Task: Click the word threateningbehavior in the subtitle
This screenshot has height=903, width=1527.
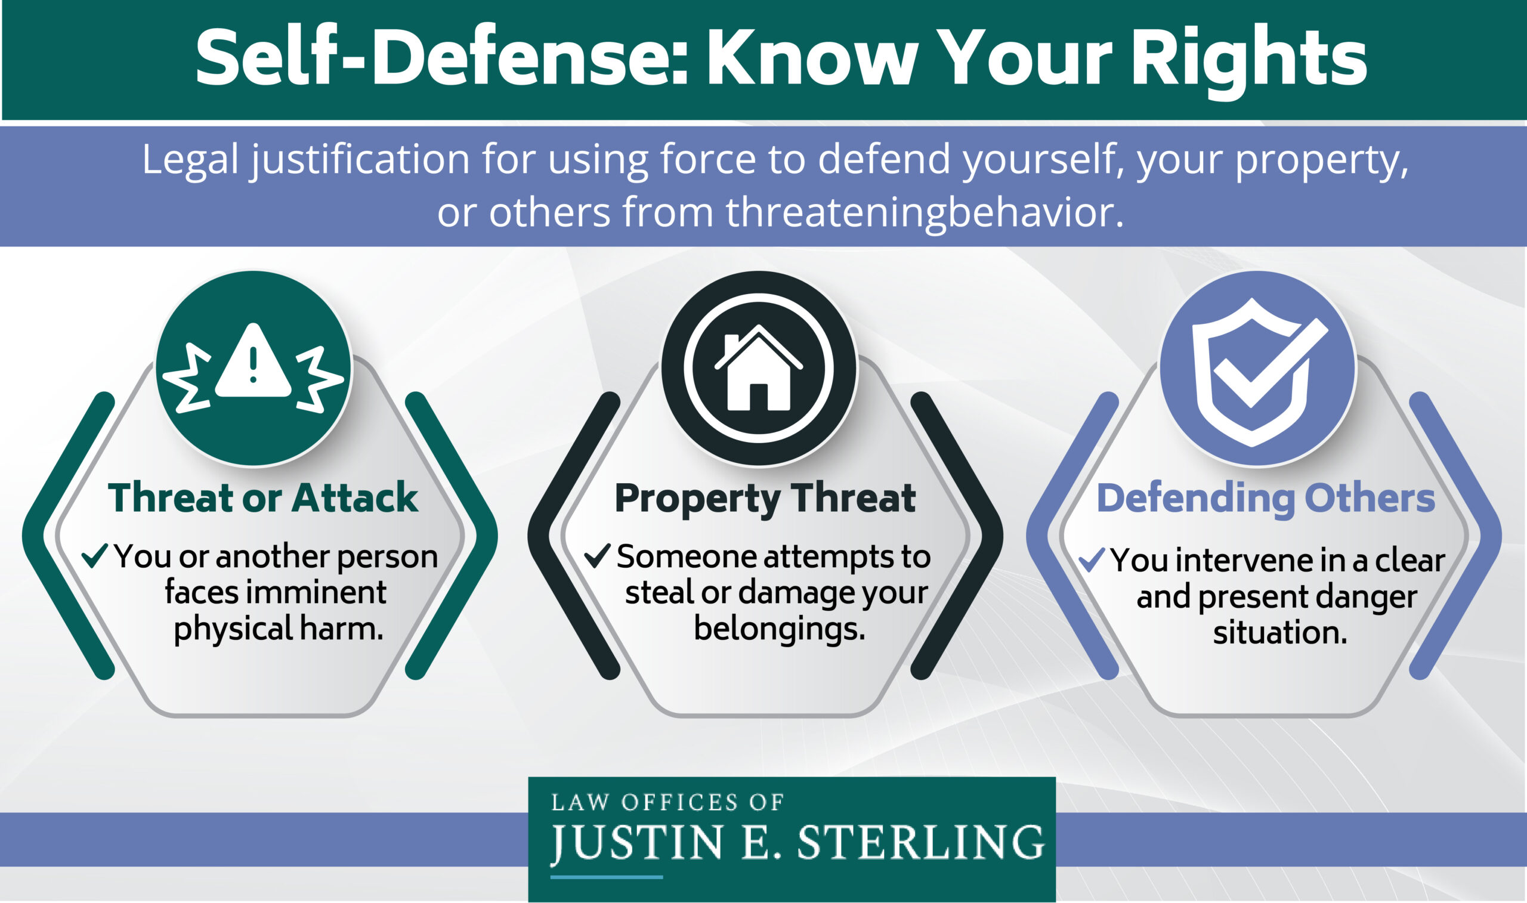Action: [924, 212]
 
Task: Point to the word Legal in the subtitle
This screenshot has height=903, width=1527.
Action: [190, 159]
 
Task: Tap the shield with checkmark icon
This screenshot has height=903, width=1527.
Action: [1257, 371]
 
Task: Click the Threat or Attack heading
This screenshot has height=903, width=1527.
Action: [263, 498]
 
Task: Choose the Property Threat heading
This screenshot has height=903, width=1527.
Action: [765, 499]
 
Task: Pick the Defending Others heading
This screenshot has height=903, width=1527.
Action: [1265, 499]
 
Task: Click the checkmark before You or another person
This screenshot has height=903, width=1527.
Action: [95, 555]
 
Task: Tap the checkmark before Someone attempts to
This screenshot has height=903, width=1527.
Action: [597, 555]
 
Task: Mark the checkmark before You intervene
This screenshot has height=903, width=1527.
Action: [1092, 560]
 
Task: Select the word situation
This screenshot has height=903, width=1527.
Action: [1280, 632]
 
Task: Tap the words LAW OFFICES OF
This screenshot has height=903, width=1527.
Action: [667, 803]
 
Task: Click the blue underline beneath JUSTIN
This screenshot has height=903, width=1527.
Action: [606, 877]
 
